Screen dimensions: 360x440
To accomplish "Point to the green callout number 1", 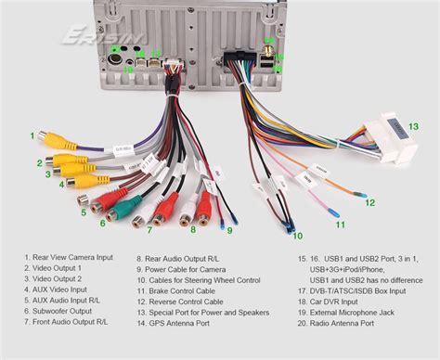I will coord(31,135).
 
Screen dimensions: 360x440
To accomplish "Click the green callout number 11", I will coord(340,224).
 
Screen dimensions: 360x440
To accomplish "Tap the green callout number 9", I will coord(229,229).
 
